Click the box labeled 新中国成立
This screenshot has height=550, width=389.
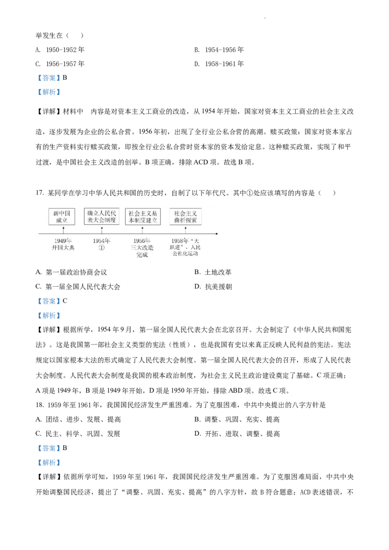62,217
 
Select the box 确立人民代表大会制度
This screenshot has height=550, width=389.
101,217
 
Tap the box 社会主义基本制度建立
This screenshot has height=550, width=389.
142,217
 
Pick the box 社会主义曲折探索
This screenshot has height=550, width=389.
185,217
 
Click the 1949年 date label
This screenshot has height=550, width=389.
63,241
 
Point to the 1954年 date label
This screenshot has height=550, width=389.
102,241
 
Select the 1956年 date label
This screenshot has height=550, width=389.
142,241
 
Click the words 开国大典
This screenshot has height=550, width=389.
63,248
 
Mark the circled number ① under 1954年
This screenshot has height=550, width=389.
102,248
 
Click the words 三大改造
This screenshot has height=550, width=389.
142,248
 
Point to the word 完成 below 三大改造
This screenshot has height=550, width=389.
142,255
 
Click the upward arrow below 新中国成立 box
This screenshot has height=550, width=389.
63,230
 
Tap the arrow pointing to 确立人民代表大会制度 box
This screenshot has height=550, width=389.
102,230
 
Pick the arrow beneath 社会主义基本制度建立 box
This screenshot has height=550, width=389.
142,230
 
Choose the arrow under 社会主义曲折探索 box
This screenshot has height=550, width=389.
185,230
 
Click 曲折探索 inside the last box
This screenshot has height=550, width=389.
185,221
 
